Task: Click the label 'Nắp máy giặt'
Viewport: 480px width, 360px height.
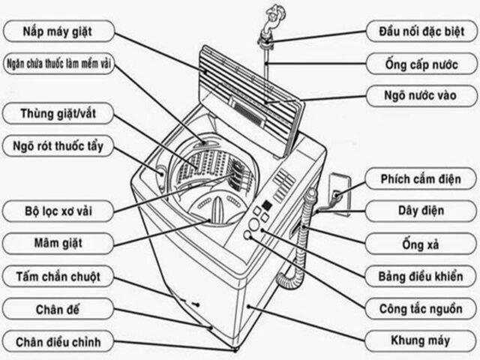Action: [58, 31]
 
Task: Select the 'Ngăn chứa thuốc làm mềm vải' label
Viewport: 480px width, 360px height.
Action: [59, 63]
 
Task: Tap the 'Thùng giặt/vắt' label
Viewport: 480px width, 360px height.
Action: [58, 114]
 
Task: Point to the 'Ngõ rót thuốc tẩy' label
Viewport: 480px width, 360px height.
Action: [58, 145]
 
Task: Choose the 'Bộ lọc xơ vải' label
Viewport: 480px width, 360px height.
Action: [58, 209]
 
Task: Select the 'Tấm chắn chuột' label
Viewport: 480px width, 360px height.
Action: [58, 277]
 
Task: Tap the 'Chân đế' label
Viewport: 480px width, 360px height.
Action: [58, 309]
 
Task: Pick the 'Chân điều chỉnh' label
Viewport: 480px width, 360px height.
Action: [58, 342]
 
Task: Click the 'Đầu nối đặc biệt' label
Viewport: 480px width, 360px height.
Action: [421, 31]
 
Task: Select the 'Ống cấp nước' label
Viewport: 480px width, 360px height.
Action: [421, 63]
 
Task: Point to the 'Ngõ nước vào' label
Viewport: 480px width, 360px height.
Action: [421, 95]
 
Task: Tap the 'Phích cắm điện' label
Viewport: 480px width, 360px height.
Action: [421, 179]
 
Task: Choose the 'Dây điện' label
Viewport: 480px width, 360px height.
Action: [421, 211]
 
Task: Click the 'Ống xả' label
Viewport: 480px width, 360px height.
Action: [421, 244]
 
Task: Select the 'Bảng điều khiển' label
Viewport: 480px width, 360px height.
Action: [421, 276]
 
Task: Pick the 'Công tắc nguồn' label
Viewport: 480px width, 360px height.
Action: [421, 308]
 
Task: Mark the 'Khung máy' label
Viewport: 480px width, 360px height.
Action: [421, 340]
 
